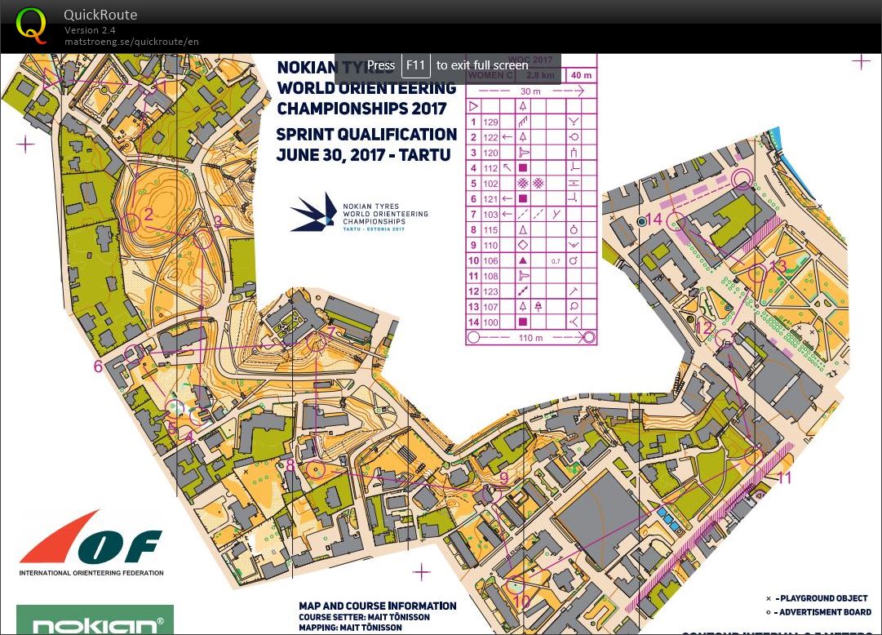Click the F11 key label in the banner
416,65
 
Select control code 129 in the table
490,122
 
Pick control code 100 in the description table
490,322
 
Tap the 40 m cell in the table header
581,75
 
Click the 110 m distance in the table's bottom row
530,337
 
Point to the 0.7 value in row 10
556,260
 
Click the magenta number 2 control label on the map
148,215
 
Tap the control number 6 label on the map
99,366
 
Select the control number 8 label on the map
290,466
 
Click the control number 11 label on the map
784,477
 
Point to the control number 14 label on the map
654,219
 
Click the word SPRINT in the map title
309,135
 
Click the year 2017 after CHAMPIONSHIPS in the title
428,109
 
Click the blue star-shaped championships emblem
315,212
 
